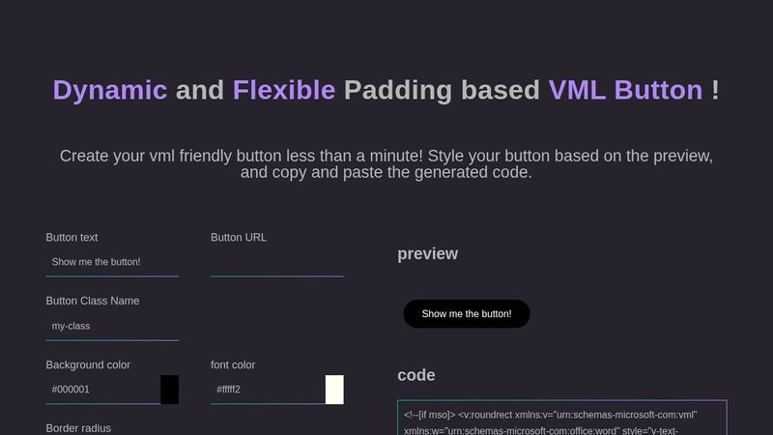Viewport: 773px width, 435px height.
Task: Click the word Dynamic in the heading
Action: (x=110, y=90)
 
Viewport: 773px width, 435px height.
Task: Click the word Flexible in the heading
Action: (x=284, y=90)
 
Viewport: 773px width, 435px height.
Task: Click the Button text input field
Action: (x=112, y=262)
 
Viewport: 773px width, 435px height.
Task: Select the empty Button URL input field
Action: (x=276, y=262)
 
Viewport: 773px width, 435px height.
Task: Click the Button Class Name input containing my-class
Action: (x=112, y=326)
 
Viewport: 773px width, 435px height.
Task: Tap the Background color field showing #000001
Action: (x=102, y=390)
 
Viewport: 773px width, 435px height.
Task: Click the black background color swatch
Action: (x=169, y=390)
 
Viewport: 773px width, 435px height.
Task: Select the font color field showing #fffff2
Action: (x=268, y=390)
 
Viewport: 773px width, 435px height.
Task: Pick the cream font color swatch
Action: (x=334, y=390)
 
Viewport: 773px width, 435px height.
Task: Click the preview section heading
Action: (x=427, y=254)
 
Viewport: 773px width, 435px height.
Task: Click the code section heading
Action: (x=416, y=375)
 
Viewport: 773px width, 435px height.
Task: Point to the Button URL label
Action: (x=239, y=237)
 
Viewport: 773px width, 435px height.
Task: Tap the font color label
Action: (x=233, y=364)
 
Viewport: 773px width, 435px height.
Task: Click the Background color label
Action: (x=88, y=364)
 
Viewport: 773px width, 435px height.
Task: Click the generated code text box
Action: (x=561, y=420)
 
